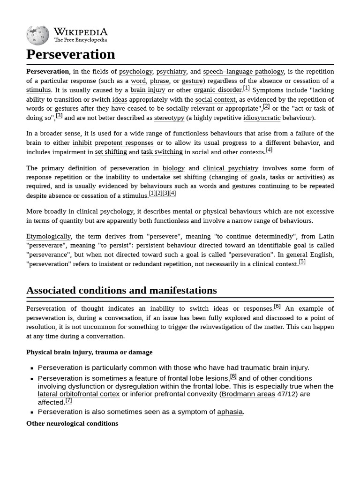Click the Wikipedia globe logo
(37, 35)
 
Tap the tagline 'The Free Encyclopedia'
(80, 40)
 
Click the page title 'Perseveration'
(71, 54)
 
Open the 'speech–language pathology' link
(243, 72)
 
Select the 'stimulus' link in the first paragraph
(38, 90)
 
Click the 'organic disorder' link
(218, 90)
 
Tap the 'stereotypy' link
(169, 118)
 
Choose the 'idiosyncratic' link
(262, 118)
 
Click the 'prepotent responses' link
(124, 143)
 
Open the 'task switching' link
(162, 152)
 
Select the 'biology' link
(173, 168)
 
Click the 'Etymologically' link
(49, 236)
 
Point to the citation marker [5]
(302, 262)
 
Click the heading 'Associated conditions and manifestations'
(121, 290)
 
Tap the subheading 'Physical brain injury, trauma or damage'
(89, 352)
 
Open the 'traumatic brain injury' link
(274, 368)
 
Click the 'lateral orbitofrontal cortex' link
(79, 394)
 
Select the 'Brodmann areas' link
(248, 394)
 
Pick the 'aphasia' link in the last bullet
(230, 412)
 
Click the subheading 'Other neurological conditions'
(72, 423)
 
